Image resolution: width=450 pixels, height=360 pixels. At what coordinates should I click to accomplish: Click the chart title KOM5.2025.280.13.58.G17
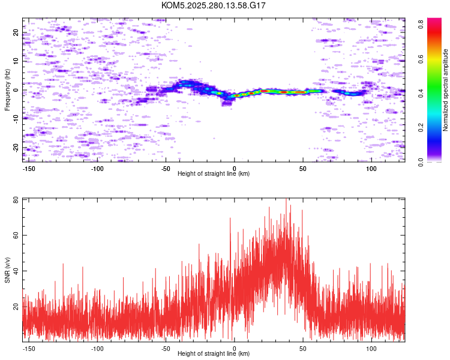point(213,5)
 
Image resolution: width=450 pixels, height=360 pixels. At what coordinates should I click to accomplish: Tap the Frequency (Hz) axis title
point(7,90)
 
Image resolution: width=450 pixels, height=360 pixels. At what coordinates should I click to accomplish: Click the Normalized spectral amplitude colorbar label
point(445,90)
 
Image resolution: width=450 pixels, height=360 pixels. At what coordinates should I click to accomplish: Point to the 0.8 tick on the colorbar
point(421,24)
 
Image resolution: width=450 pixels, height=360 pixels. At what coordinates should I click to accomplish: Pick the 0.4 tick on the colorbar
point(421,93)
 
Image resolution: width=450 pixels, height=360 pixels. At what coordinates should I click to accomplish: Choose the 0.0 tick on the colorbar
point(421,162)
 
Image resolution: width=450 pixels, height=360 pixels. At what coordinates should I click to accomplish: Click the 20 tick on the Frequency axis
point(16,33)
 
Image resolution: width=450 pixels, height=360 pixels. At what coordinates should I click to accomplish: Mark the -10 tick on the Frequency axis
point(16,119)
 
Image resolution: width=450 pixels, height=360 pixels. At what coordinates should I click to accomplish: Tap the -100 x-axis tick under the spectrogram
point(97,169)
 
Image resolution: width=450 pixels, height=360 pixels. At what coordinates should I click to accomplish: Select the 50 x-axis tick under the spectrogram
point(303,169)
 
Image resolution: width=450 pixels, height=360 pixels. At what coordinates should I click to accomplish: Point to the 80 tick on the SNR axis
point(16,200)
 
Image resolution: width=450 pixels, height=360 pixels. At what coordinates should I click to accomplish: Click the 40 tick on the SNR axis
point(16,271)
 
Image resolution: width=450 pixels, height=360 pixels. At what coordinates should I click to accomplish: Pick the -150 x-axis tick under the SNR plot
point(29,349)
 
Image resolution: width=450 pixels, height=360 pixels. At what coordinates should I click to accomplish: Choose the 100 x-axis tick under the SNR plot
point(371,349)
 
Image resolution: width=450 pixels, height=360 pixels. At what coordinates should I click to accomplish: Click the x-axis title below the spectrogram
point(214,173)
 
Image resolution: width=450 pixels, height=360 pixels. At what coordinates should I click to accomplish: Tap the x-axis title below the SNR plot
point(214,353)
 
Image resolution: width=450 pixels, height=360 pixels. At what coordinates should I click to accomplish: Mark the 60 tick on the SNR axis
point(16,235)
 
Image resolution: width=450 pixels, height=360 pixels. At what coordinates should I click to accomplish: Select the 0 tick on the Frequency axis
point(16,90)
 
